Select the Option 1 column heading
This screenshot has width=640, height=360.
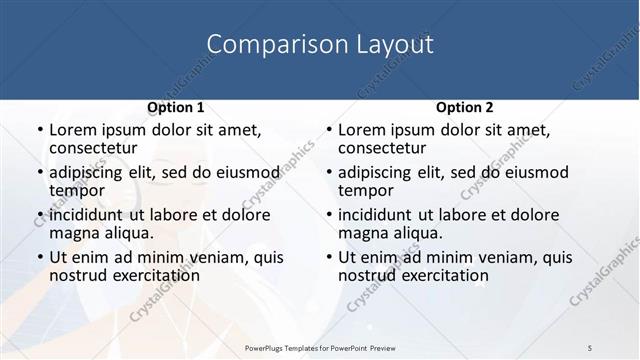point(176,107)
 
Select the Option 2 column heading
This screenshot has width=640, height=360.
point(464,107)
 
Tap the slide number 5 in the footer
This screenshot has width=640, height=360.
point(590,347)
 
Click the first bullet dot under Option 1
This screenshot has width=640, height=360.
point(40,130)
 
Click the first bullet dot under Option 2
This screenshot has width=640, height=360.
point(329,130)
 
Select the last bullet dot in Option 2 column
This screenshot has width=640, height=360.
point(329,257)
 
